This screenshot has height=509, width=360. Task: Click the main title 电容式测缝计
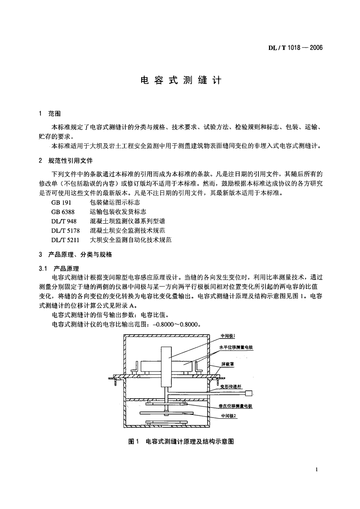[x=180, y=80]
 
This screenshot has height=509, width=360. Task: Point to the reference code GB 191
[x=61, y=203]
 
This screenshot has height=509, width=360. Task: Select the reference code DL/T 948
[x=64, y=221]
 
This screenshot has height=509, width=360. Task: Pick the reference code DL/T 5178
[x=66, y=230]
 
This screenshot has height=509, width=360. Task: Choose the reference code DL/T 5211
[x=66, y=240]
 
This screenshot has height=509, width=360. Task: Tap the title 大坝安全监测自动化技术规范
[x=131, y=240]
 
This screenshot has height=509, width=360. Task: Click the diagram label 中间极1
[x=227, y=336]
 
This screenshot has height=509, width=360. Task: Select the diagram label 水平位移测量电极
[x=236, y=347]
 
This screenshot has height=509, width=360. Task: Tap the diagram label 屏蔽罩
[x=227, y=364]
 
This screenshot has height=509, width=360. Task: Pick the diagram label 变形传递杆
[x=230, y=387]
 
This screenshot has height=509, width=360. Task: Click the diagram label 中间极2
[x=228, y=415]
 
